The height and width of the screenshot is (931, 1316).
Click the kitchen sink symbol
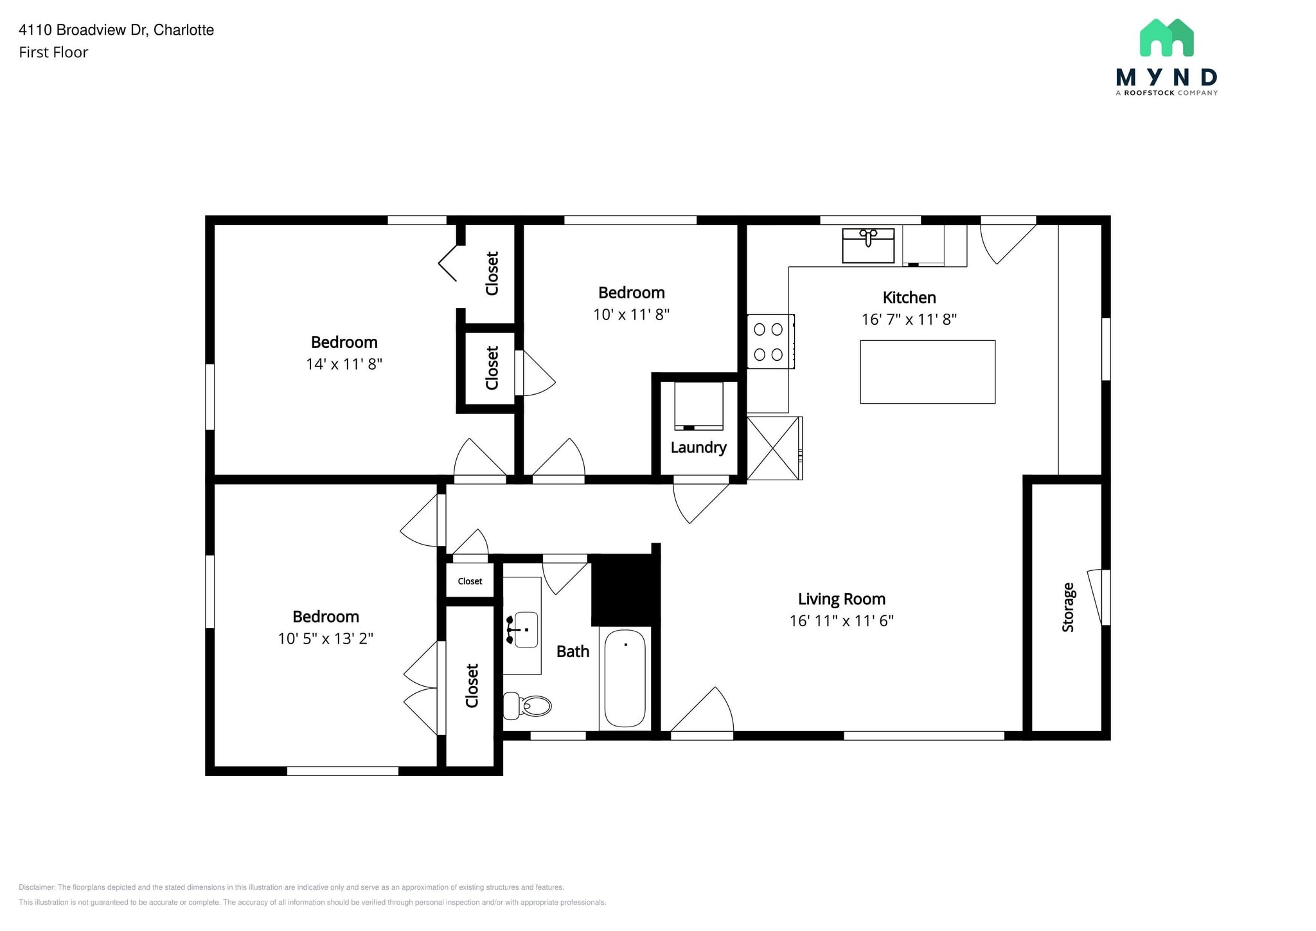click(x=868, y=245)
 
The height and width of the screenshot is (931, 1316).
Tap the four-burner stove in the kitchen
click(x=769, y=341)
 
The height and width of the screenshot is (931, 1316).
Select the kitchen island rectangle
click(x=927, y=372)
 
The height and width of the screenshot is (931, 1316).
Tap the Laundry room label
click(x=698, y=447)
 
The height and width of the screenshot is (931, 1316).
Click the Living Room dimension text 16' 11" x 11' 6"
click(x=841, y=620)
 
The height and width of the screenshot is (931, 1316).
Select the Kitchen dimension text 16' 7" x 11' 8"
click(x=909, y=319)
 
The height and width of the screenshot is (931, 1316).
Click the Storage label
click(x=1068, y=607)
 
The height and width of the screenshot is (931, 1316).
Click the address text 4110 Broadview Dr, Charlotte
click(x=116, y=30)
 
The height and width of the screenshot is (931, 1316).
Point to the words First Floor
click(x=53, y=53)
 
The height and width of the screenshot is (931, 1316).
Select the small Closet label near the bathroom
click(x=470, y=581)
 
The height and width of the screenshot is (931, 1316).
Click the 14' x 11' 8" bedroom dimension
click(x=344, y=364)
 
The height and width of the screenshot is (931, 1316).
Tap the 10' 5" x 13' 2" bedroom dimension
click(x=325, y=638)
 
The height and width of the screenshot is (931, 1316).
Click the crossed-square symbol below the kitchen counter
click(x=774, y=448)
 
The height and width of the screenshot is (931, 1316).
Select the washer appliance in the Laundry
click(x=698, y=406)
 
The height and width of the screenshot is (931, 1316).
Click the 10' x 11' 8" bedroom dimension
click(x=631, y=314)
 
